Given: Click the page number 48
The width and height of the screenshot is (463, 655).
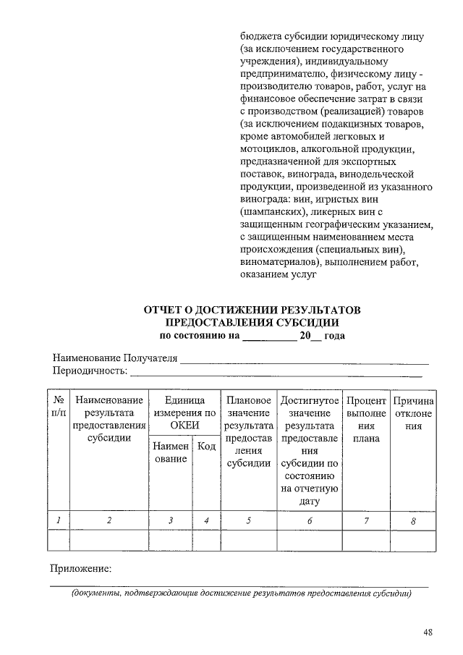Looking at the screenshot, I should (428, 633).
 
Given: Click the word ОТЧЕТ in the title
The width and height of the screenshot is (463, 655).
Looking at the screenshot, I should (169, 310).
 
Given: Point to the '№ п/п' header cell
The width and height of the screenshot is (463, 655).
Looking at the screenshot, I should (59, 407).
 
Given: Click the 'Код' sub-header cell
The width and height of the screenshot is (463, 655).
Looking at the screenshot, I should (206, 447).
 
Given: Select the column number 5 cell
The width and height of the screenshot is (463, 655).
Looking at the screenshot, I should (248, 520).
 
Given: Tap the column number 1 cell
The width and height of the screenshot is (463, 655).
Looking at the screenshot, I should (59, 520).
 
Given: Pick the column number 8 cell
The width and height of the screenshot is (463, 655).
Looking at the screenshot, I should (413, 520).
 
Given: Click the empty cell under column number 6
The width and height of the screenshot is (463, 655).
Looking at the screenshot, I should (310, 541).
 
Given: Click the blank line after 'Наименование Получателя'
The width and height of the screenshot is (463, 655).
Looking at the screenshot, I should (304, 359).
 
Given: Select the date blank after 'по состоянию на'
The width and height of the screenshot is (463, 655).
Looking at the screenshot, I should (268, 337).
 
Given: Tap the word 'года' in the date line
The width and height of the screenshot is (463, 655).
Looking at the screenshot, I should (334, 336).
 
